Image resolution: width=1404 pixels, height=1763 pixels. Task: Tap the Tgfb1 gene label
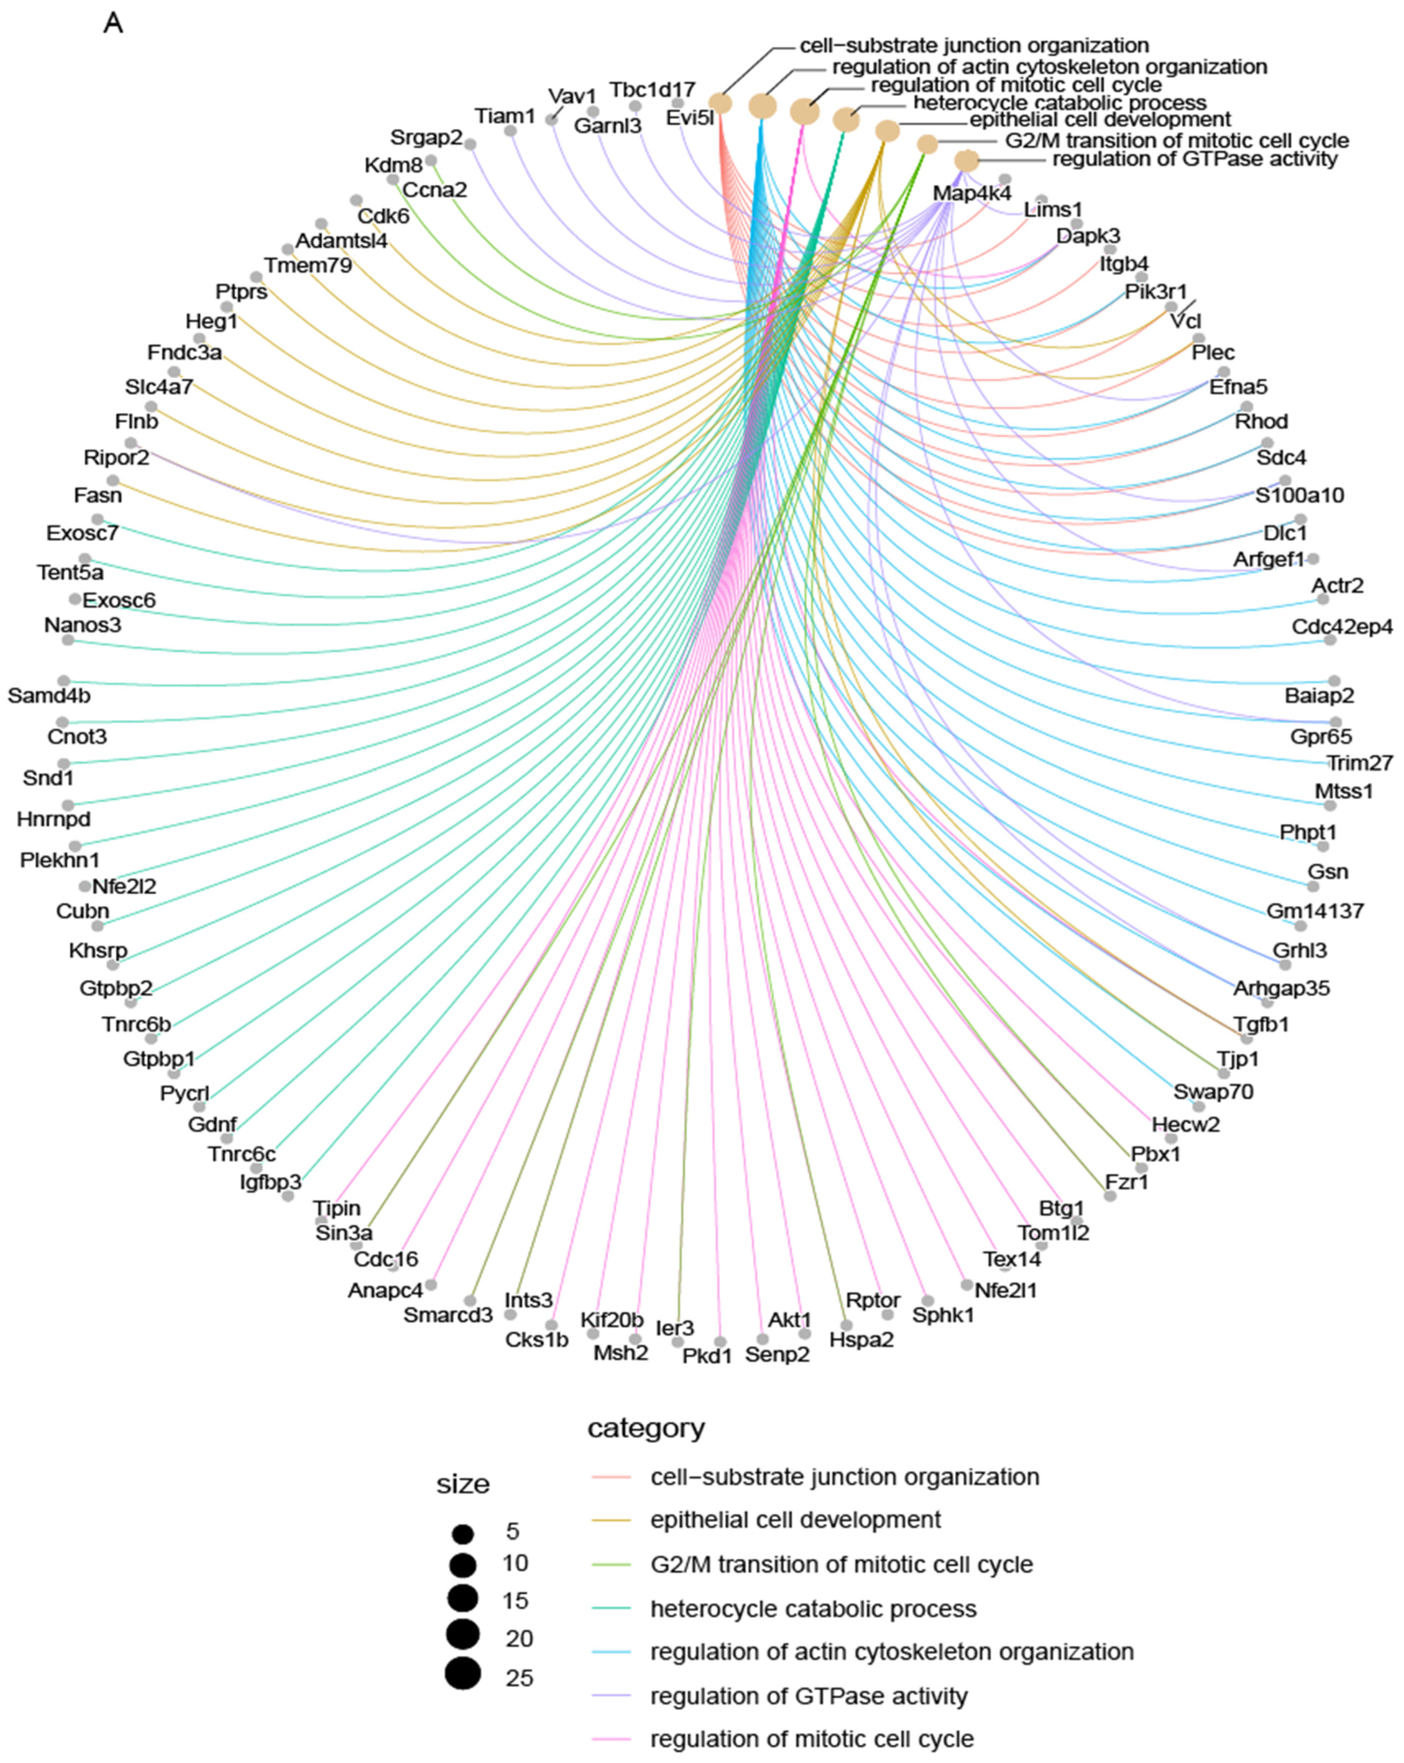1260,1024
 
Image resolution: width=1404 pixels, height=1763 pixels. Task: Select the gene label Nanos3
83,625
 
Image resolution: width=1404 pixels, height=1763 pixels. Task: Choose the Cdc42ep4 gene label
1341,627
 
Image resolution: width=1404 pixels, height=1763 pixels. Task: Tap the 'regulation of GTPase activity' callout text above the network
1194,159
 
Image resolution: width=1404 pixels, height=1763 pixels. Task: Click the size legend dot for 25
463,1675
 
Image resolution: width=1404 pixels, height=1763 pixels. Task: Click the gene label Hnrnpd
54,819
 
